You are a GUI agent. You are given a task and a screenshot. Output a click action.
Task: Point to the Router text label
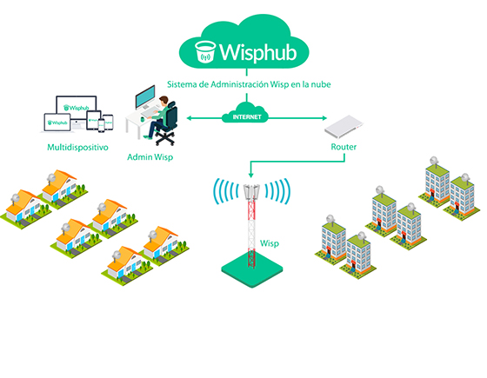344,148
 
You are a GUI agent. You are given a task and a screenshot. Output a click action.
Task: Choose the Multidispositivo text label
77,148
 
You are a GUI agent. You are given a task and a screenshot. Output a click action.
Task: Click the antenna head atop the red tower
253,190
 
